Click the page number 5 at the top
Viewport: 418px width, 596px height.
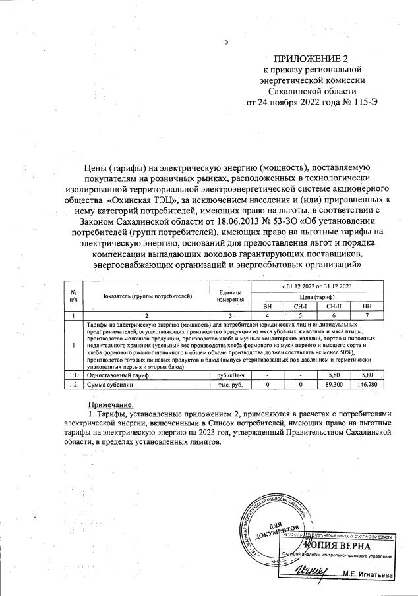coord(226,43)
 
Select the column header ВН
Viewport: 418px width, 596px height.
coord(267,306)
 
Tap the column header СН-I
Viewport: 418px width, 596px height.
coord(299,306)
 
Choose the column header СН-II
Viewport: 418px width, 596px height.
coord(334,306)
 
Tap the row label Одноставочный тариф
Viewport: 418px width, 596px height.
coord(117,374)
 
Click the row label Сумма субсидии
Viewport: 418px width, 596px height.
coord(109,383)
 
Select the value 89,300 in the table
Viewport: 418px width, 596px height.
coord(334,383)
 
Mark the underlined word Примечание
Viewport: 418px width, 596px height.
coord(111,404)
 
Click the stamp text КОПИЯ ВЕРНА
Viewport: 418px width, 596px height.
coord(337,546)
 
